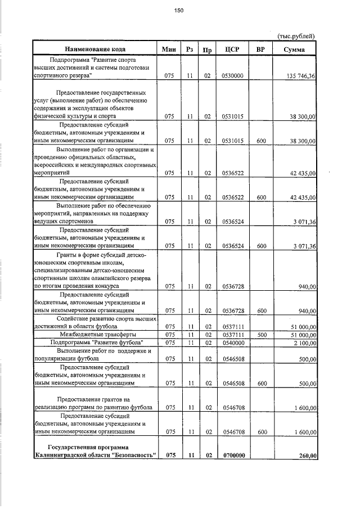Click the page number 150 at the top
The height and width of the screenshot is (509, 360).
click(x=179, y=10)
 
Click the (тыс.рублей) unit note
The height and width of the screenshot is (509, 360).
click(x=296, y=36)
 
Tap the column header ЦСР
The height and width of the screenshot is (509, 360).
click(x=232, y=49)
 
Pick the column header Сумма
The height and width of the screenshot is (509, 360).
click(x=294, y=49)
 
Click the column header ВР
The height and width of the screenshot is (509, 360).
click(x=260, y=49)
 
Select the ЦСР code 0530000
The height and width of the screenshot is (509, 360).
click(x=232, y=75)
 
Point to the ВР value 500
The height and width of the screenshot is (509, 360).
click(x=260, y=334)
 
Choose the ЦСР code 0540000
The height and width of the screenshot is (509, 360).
click(x=232, y=342)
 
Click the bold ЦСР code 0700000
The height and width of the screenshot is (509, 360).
click(x=232, y=456)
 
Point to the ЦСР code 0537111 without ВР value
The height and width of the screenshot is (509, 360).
click(x=232, y=326)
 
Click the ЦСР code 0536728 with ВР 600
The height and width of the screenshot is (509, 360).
click(x=232, y=310)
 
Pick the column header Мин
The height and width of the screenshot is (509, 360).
click(x=169, y=49)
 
